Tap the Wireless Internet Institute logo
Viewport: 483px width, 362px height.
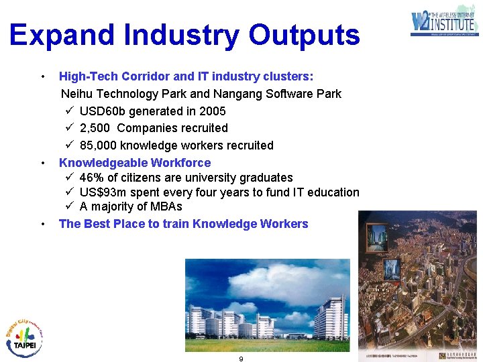click(444, 21)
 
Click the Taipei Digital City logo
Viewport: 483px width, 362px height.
click(24, 335)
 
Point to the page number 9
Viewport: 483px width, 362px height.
click(241, 359)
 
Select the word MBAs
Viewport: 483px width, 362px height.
click(166, 206)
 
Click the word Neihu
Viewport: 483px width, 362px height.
click(76, 94)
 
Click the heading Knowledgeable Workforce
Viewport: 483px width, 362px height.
click(135, 163)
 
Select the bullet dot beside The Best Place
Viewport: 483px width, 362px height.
click(43, 224)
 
